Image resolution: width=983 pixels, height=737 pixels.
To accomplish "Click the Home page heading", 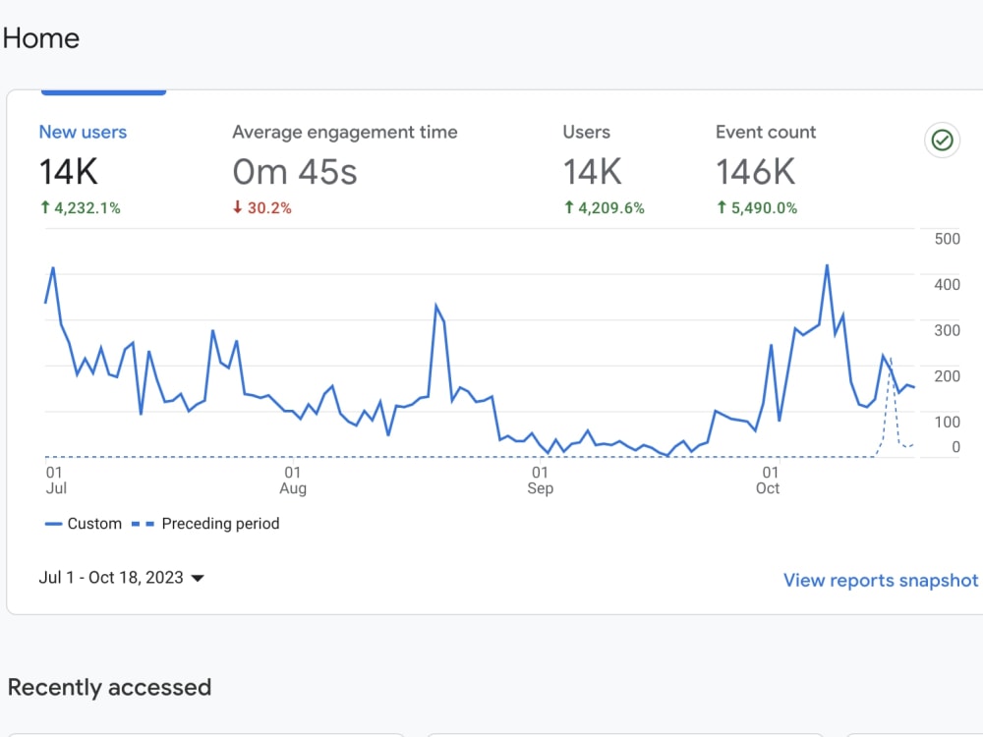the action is (x=41, y=38).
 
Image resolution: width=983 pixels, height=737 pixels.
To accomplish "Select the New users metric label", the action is (x=83, y=132).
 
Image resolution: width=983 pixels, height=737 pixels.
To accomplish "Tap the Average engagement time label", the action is (x=345, y=133).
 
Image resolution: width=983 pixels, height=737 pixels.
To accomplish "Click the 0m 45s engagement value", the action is (x=295, y=172).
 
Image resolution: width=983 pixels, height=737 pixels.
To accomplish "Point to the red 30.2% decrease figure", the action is (x=262, y=208).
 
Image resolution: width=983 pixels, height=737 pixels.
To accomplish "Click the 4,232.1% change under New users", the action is (x=81, y=208).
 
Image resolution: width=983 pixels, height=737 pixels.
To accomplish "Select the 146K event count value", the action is (x=755, y=172).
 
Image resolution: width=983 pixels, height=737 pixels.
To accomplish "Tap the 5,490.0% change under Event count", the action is (x=757, y=208).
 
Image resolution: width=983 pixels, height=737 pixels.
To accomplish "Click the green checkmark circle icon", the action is (x=942, y=140).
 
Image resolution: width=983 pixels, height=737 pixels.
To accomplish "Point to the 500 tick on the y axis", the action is (x=947, y=239).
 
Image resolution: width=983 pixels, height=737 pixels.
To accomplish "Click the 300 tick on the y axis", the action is (x=947, y=330).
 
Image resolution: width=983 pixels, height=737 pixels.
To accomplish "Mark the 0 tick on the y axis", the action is (x=955, y=447).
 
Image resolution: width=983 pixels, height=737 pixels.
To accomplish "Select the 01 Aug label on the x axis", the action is (x=293, y=481).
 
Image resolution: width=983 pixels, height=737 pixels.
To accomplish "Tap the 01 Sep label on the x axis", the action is (x=540, y=481).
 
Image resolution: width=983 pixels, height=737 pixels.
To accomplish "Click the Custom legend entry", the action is (x=84, y=524).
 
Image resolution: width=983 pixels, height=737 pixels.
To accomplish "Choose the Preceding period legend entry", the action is (x=205, y=524).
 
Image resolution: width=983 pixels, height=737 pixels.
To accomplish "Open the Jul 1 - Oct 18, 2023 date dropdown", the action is (x=122, y=577).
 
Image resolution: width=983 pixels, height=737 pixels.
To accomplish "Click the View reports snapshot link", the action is (x=880, y=581).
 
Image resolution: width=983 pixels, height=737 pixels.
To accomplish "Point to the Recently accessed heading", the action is (x=110, y=688).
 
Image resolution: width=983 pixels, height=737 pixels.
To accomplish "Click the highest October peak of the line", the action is (x=827, y=265).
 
